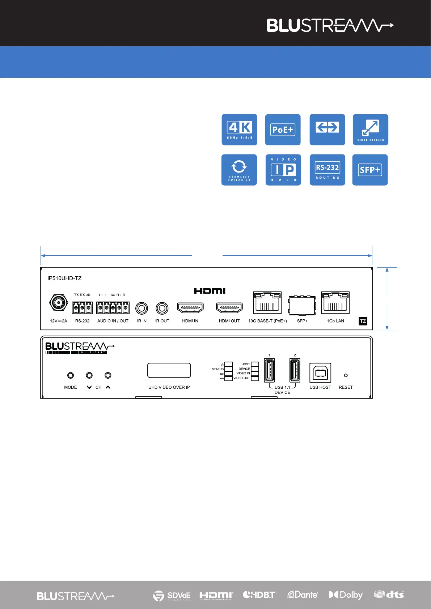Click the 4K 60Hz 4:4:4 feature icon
pyautogui.click(x=239, y=130)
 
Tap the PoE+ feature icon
pyautogui.click(x=283, y=130)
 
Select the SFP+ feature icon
pyautogui.click(x=370, y=170)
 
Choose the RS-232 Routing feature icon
pyautogui.click(x=327, y=170)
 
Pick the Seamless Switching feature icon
pyautogui.click(x=239, y=170)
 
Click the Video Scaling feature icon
pyautogui.click(x=371, y=130)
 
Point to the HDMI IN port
pyautogui.click(x=190, y=308)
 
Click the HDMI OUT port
pyautogui.click(x=229, y=308)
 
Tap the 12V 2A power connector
pyautogui.click(x=59, y=303)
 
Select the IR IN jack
pyautogui.click(x=141, y=308)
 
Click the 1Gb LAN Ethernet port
pyautogui.click(x=335, y=302)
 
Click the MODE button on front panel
pyautogui.click(x=71, y=376)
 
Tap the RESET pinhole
pyautogui.click(x=346, y=375)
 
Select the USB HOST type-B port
pyautogui.click(x=320, y=373)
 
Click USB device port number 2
pyautogui.click(x=295, y=370)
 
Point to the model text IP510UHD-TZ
pyautogui.click(x=64, y=278)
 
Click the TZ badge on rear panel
pyautogui.click(x=363, y=321)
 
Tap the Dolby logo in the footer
pyautogui.click(x=346, y=595)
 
